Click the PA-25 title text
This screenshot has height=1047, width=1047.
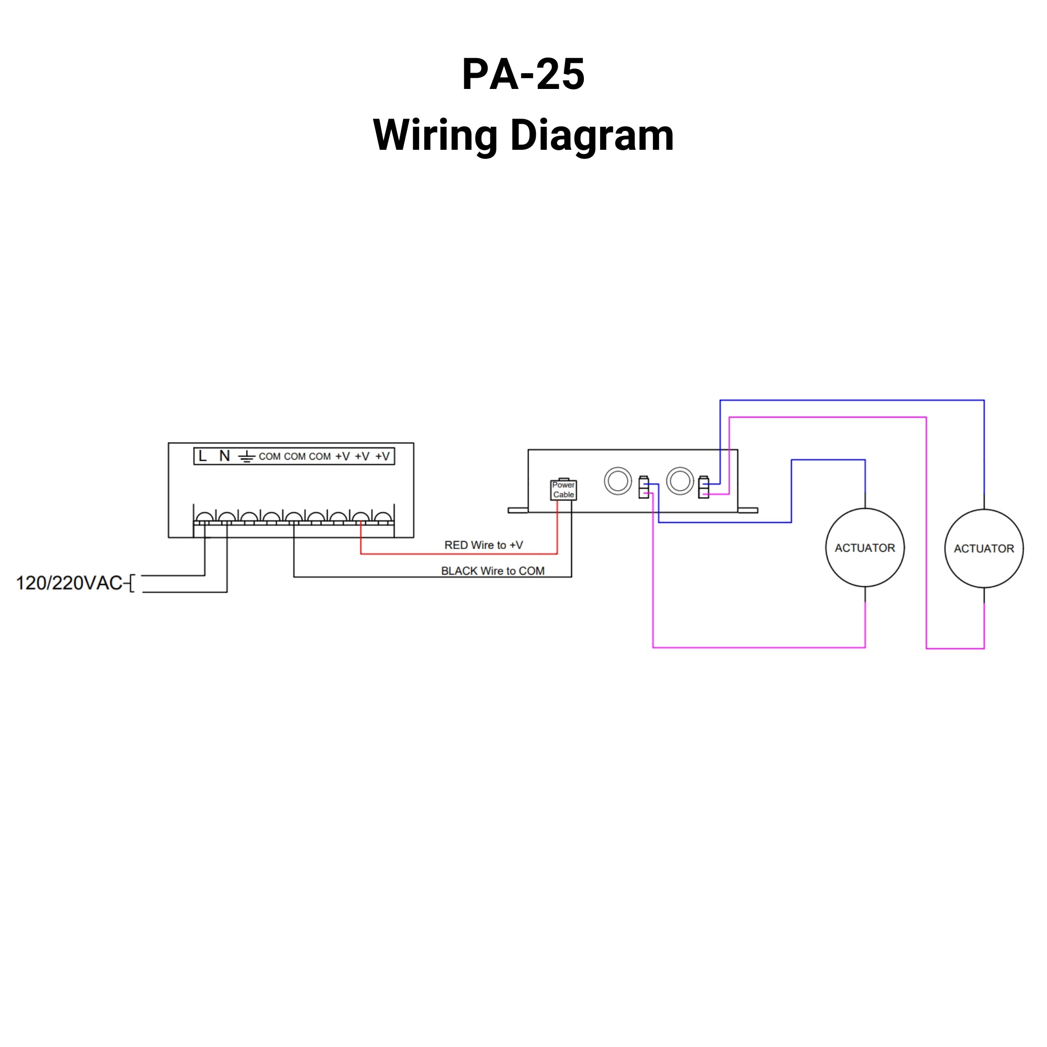click(x=523, y=74)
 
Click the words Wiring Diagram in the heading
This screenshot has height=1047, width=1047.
click(x=523, y=135)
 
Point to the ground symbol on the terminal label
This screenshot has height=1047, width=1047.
click(x=246, y=457)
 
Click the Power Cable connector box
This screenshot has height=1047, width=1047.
click(x=563, y=490)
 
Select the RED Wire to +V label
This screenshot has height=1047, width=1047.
click(x=484, y=545)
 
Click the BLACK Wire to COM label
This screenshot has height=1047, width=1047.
click(x=493, y=571)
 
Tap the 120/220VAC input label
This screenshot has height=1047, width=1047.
click(x=70, y=583)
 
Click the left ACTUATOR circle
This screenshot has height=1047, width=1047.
click(x=864, y=548)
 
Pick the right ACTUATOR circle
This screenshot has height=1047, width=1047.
click(x=984, y=549)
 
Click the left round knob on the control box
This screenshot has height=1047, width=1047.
click(x=618, y=481)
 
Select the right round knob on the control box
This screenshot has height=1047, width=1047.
click(x=679, y=481)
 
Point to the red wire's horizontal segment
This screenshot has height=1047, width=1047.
click(x=459, y=554)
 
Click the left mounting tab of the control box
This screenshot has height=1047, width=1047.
click(x=517, y=510)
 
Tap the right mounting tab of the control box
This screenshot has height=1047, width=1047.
click(x=748, y=510)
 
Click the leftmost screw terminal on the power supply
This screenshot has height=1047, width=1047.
click(x=204, y=517)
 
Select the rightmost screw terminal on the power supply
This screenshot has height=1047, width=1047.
click(x=382, y=517)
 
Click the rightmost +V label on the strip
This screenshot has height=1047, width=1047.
click(x=382, y=457)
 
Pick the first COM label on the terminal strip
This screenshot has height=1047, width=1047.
click(x=269, y=457)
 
